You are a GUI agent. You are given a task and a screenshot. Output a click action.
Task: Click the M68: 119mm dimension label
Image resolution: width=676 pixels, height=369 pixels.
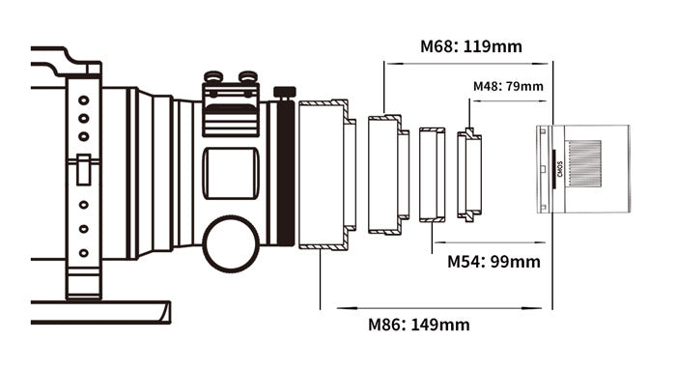tap(471, 46)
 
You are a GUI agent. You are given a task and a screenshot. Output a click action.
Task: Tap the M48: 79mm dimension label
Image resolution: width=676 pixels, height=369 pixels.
tap(508, 86)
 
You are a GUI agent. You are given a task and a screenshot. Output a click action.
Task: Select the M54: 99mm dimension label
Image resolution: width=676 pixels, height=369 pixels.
tap(493, 261)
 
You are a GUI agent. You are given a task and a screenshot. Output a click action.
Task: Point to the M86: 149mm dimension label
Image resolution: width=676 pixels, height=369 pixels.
tap(418, 325)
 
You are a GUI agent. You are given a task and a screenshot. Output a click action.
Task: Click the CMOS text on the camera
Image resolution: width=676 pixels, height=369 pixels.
tap(560, 169)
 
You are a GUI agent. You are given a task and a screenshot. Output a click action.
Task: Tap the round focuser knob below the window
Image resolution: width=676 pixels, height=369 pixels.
tap(231, 244)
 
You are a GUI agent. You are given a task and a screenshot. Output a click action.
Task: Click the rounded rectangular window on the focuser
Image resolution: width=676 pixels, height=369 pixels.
tap(231, 173)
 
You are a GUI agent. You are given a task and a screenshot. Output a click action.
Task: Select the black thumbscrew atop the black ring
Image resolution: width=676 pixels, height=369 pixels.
tap(285, 92)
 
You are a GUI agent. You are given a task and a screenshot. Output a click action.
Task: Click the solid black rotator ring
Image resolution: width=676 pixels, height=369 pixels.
tap(286, 173)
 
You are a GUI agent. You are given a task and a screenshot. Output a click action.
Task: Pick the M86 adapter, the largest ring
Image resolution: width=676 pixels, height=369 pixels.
tap(327, 175)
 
